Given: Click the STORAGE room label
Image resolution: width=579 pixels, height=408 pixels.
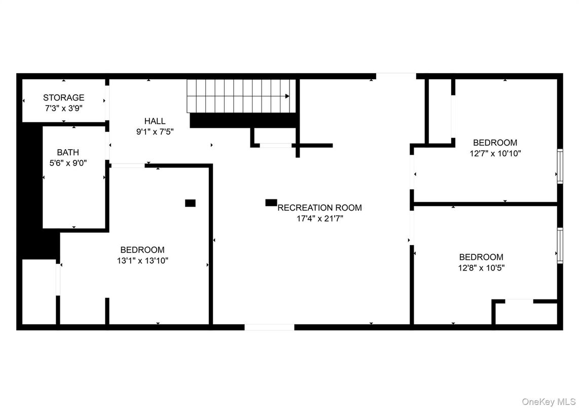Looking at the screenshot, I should pos(63,97).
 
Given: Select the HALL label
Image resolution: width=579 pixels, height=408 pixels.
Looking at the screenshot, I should pos(155,121).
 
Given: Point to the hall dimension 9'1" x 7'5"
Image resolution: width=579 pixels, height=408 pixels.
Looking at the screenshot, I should pos(155,131).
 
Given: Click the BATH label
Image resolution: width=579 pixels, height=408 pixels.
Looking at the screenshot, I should pos(67,152).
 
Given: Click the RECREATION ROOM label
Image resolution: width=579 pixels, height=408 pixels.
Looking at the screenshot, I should pos(319,208).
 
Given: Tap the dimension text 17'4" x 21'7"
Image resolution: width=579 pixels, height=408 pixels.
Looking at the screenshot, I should pos(319,218).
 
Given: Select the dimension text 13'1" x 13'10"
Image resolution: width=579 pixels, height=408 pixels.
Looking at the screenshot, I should pos(142,260).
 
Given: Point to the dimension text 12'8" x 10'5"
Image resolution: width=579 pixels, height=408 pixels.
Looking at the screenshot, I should pos(481,267).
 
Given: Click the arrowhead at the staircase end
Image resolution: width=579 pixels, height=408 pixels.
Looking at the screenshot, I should pos(287,96).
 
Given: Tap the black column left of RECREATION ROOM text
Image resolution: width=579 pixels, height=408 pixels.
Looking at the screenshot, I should pos(271,202).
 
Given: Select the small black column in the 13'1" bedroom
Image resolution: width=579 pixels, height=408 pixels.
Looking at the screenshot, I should pos(190,203).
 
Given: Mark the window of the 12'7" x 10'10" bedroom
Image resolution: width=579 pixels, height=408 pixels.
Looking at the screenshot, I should pos(560,166).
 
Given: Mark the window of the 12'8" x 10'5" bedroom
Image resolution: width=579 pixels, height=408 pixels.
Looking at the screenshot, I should pos(560,245).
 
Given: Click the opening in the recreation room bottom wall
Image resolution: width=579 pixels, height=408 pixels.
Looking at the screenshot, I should pos(269,327).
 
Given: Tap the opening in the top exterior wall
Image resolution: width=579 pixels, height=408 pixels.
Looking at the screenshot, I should pos(396,76).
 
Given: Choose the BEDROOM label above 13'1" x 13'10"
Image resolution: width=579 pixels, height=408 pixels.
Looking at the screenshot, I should pos(142,250).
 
